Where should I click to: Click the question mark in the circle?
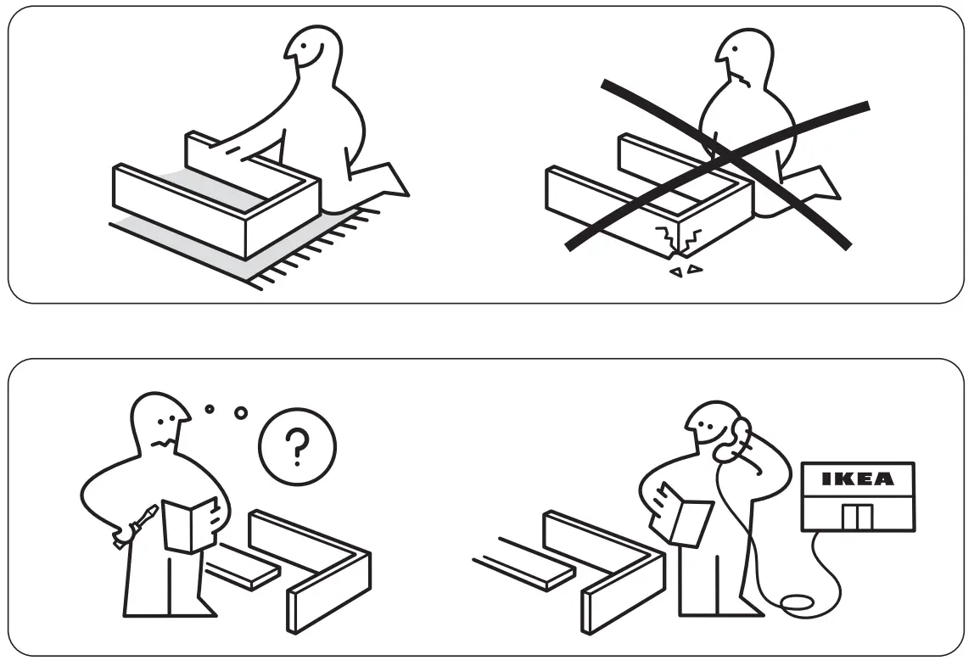296,448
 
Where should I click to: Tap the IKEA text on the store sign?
859,479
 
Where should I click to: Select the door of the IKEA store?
858,515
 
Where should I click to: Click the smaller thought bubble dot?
210,410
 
